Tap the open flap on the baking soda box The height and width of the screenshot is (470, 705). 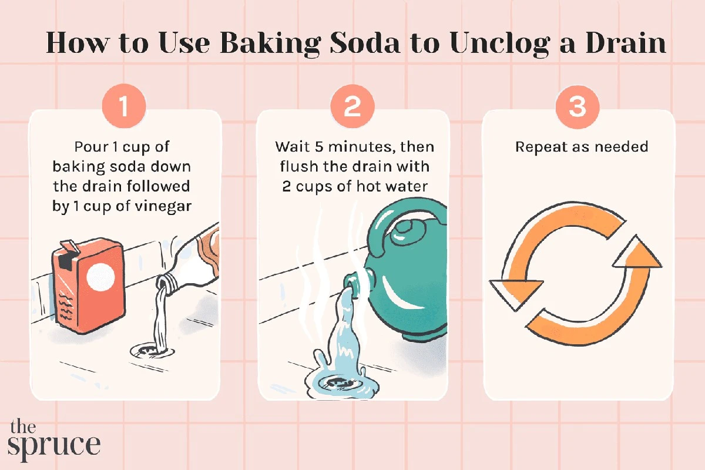pyautogui.click(x=67, y=247)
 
